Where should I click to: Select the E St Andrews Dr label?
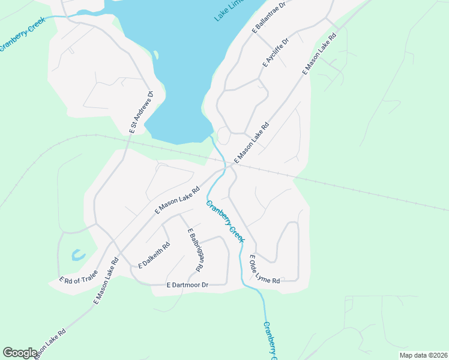[141, 112]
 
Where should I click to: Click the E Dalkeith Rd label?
[154, 254]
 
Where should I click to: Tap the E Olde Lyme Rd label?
[264, 270]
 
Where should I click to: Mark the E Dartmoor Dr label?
[187, 284]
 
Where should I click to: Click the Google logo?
[20, 353]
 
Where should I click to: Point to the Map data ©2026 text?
[423, 355]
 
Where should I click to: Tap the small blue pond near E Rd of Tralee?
[78, 254]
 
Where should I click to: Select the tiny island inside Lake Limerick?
[156, 55]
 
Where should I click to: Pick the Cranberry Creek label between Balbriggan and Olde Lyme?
[225, 221]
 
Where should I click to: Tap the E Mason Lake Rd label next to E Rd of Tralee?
[106, 281]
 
